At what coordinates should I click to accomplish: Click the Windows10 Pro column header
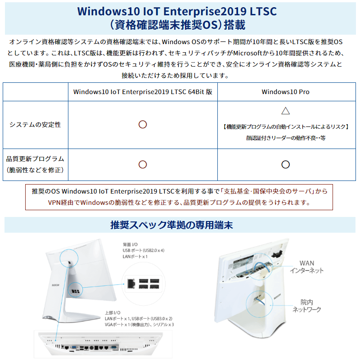click(x=285, y=92)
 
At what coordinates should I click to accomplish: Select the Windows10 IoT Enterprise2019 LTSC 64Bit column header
click(x=143, y=92)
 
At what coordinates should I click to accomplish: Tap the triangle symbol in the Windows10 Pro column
click(x=285, y=111)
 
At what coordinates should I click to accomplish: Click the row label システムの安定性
click(x=35, y=125)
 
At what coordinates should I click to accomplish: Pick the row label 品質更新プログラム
click(x=35, y=159)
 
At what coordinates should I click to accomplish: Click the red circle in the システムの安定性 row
click(x=143, y=125)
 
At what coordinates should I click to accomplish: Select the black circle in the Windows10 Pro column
click(x=285, y=164)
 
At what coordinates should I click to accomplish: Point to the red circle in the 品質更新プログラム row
click(x=143, y=164)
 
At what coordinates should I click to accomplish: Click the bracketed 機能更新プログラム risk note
click(x=285, y=127)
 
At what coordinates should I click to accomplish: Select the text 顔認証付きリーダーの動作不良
click(x=285, y=138)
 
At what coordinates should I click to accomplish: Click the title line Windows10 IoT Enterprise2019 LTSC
click(x=177, y=10)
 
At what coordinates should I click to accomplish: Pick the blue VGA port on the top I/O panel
click(x=74, y=347)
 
